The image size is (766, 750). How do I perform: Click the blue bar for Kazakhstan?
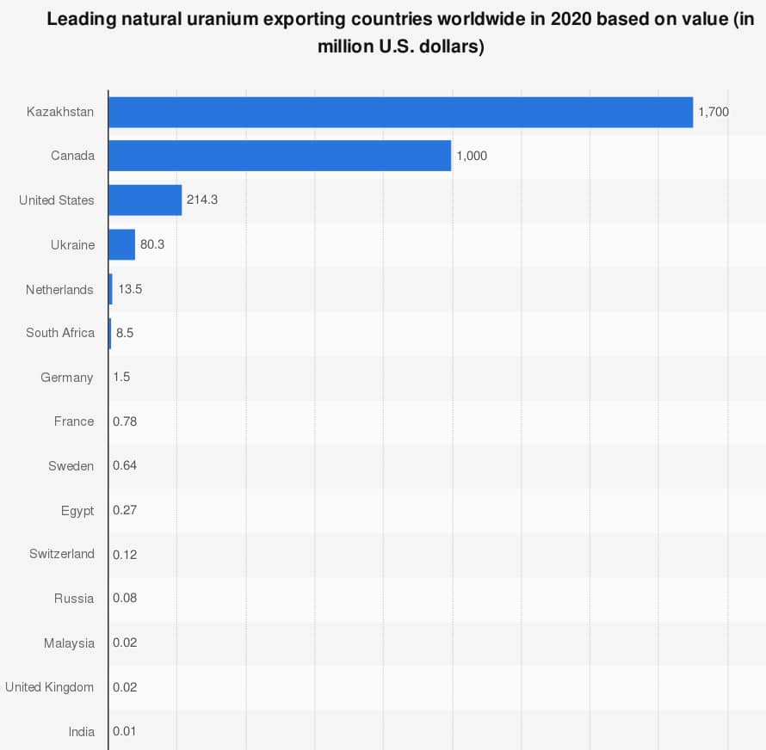tap(400, 112)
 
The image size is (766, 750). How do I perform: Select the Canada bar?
tap(280, 156)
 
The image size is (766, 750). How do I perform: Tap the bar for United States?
tap(145, 200)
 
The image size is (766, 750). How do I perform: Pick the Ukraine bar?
tap(122, 244)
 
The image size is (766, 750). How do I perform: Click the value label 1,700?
tap(713, 112)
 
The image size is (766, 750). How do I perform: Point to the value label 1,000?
tap(472, 156)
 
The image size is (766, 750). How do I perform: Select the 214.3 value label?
tap(202, 200)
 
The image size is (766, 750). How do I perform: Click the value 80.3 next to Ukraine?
tap(152, 244)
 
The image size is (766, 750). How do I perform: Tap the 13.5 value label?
tap(130, 289)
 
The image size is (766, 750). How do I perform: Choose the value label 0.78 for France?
tap(125, 421)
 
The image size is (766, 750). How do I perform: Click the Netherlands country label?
tap(59, 290)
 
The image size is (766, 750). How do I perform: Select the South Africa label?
tap(60, 333)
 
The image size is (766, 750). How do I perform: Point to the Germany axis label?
tap(67, 378)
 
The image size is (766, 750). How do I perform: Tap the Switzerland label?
tap(62, 554)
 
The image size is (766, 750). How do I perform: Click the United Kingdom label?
tap(50, 687)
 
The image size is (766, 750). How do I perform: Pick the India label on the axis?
tap(82, 732)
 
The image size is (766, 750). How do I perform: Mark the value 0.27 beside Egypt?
tap(125, 510)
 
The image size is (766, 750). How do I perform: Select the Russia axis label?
tap(74, 599)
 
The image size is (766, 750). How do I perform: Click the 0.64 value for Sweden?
tap(125, 465)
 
